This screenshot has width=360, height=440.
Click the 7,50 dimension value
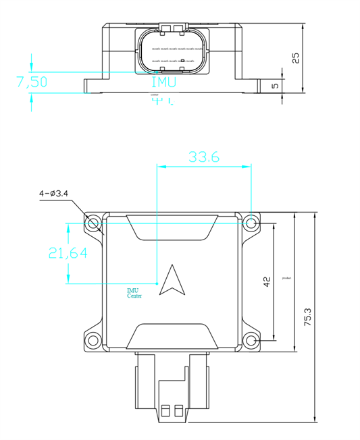click(32, 82)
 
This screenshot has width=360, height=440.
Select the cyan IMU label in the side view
click(163, 82)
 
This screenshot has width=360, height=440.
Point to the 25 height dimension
click(295, 58)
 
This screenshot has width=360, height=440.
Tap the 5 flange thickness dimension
click(274, 86)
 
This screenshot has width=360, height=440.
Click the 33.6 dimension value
click(204, 157)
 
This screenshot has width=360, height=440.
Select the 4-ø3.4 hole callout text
click(53, 194)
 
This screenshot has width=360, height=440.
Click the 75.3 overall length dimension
click(308, 317)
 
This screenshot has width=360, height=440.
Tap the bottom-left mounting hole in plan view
click(93, 340)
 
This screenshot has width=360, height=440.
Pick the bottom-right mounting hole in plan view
click(251, 340)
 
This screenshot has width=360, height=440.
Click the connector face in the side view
click(172, 51)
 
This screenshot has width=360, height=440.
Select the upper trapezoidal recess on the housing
click(172, 225)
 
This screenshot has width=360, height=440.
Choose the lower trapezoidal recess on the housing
click(172, 336)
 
